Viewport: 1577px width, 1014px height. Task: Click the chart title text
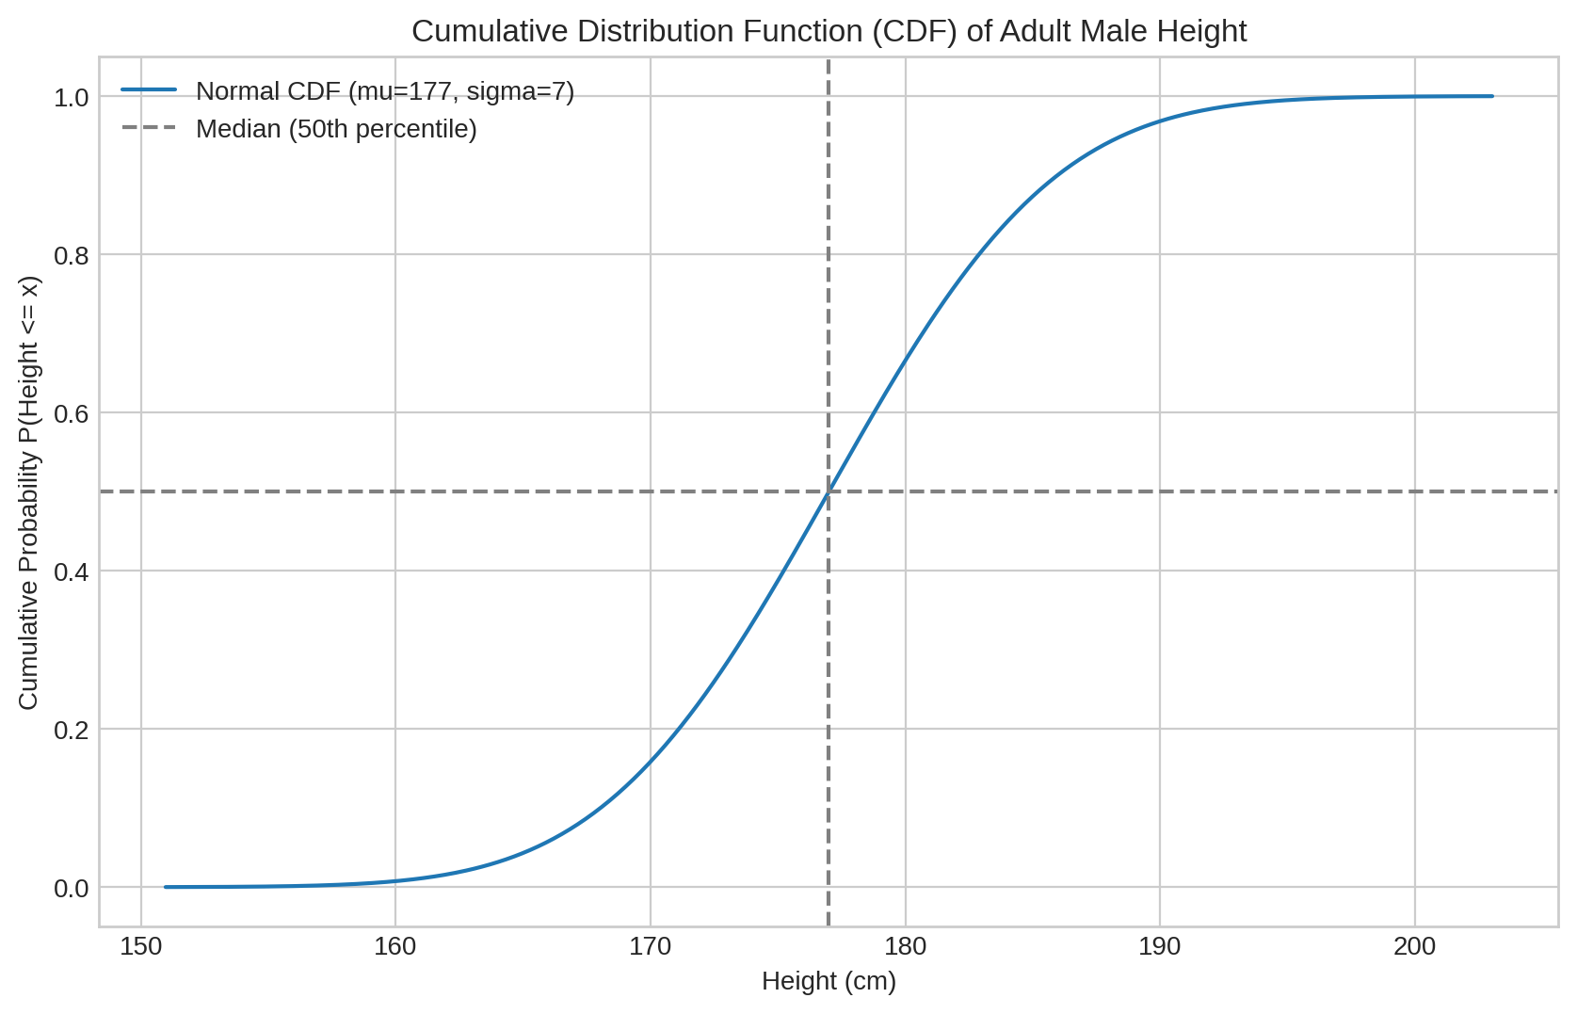829,32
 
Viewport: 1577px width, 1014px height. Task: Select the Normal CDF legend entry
384,91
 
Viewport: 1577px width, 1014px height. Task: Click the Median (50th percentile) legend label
336,129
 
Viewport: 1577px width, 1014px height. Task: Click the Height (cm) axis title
829,982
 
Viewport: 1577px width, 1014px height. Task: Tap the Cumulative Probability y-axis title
29,492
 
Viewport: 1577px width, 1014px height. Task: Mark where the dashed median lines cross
829,491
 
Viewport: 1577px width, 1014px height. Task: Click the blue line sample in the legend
149,90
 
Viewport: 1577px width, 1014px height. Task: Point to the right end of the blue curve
1492,96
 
